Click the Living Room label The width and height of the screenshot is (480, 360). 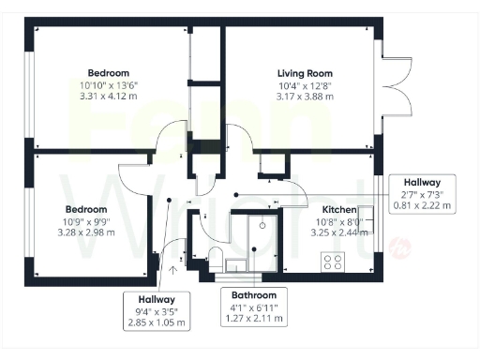point(305,72)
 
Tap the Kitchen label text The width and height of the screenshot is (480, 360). point(339,209)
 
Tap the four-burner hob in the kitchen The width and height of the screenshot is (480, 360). point(335,263)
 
